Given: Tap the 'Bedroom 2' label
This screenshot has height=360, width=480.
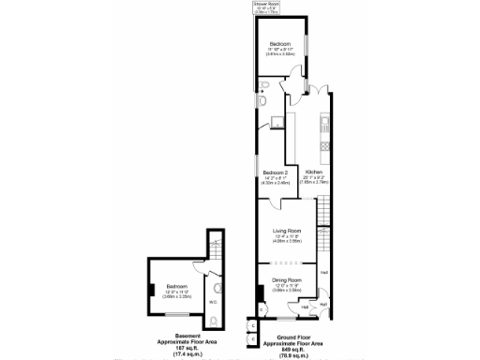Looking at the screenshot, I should (274, 173).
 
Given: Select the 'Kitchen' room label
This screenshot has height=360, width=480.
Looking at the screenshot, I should (314, 173).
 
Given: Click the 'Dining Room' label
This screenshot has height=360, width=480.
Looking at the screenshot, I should (287, 280).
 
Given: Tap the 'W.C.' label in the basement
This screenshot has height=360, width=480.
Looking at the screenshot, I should (213, 302).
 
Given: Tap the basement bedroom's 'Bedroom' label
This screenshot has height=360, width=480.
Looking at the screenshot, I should (177, 286).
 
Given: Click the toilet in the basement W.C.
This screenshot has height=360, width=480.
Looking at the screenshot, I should (217, 321).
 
